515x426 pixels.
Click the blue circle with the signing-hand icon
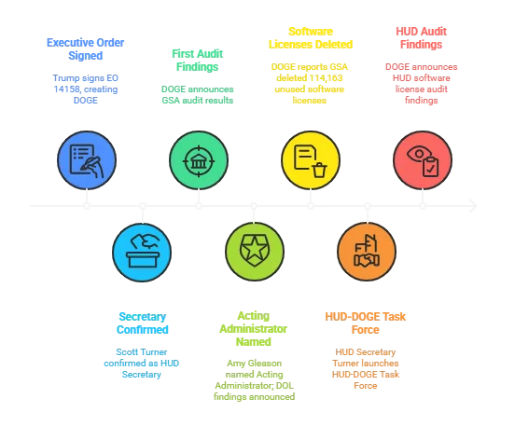point(87,160)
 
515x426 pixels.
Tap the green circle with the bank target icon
point(199,160)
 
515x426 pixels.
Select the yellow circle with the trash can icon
point(311,160)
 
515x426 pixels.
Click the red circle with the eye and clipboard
point(423,160)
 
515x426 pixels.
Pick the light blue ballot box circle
point(142,252)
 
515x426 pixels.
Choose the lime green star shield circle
point(255,252)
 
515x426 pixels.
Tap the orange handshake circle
point(367,252)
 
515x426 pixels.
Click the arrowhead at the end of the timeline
point(473,206)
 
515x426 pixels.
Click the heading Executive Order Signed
point(86,49)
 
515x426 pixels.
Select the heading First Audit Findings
point(198,61)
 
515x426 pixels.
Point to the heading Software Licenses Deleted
point(311,38)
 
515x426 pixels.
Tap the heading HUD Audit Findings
point(421,38)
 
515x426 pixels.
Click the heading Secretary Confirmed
point(142,323)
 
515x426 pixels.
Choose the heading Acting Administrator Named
point(254,329)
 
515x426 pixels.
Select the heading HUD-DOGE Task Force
point(365,323)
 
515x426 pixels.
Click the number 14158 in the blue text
point(66,89)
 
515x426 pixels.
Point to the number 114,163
point(326,78)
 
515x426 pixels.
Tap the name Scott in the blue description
point(125,352)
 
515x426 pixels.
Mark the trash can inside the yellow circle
point(319,170)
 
